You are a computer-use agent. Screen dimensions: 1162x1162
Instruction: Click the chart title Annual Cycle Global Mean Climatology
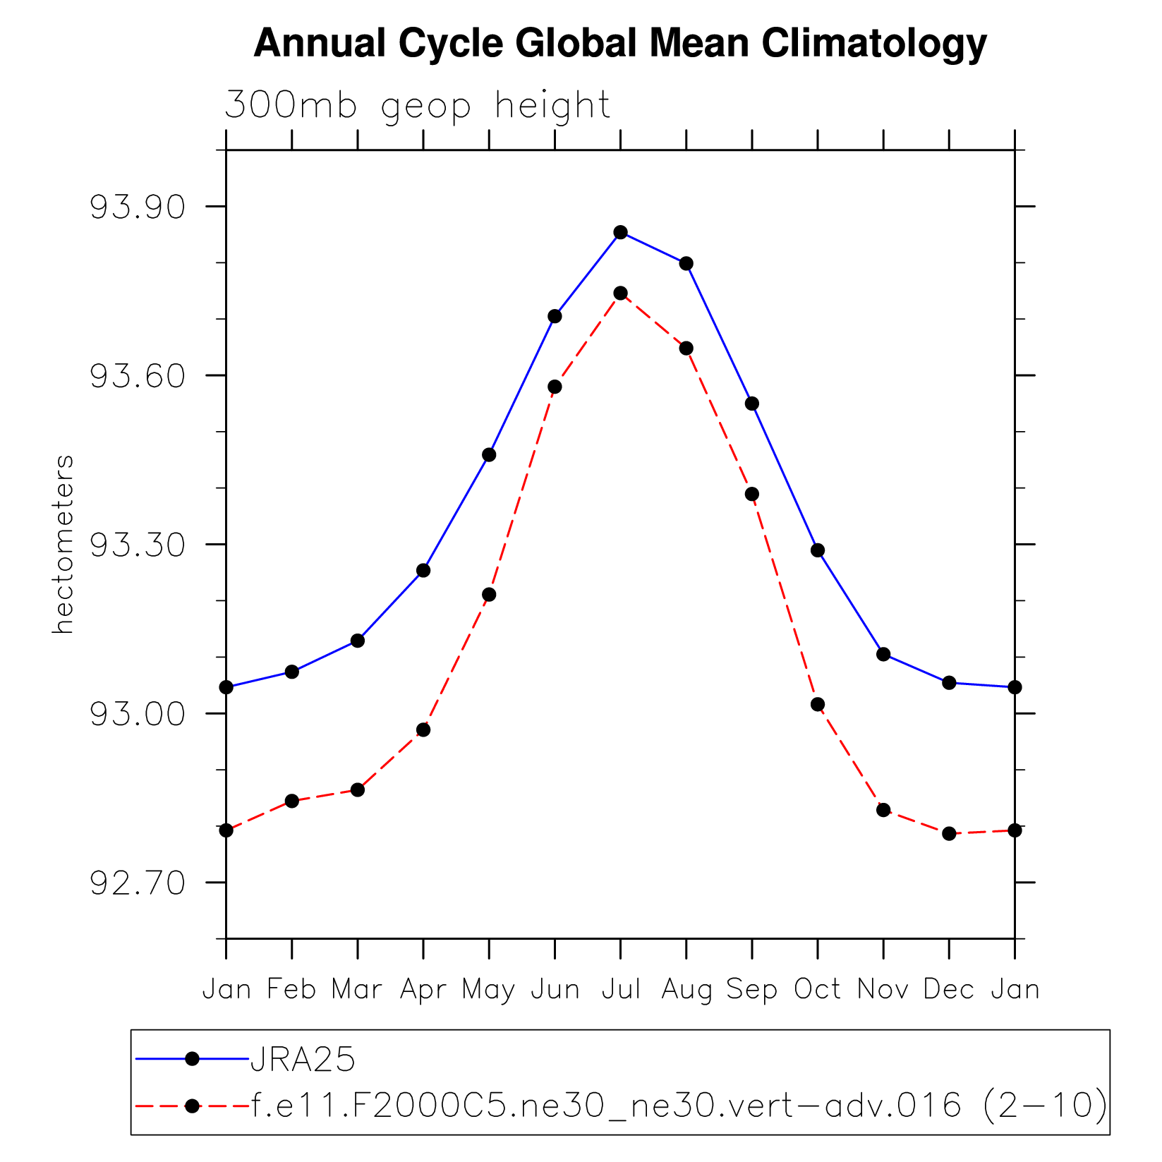pyautogui.click(x=619, y=44)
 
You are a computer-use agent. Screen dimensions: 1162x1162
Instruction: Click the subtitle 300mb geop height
pyautogui.click(x=417, y=106)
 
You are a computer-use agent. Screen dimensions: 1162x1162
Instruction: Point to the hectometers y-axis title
pyautogui.click(x=63, y=544)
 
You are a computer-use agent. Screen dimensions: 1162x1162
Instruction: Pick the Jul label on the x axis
pyautogui.click(x=621, y=989)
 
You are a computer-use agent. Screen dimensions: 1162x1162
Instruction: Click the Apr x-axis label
pyautogui.click(x=423, y=990)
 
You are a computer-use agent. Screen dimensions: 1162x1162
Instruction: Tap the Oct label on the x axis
pyautogui.click(x=817, y=989)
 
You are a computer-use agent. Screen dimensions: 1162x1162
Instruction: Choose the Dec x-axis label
pyautogui.click(x=949, y=989)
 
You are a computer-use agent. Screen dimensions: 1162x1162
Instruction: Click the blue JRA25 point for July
pyautogui.click(x=621, y=232)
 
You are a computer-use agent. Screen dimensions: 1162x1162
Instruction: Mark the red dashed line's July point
pyautogui.click(x=621, y=293)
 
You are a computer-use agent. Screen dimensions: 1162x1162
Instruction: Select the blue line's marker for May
pyautogui.click(x=489, y=455)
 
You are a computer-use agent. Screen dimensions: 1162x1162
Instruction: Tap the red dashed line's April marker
pyautogui.click(x=423, y=730)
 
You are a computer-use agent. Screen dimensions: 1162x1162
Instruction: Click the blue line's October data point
pyautogui.click(x=818, y=550)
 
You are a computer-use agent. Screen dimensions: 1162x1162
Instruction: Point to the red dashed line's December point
pyautogui.click(x=949, y=833)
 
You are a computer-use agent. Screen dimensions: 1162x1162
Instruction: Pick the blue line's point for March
pyautogui.click(x=358, y=641)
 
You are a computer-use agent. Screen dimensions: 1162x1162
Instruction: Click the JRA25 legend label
pyautogui.click(x=303, y=1059)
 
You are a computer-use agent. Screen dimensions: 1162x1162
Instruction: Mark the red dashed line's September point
pyautogui.click(x=752, y=494)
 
